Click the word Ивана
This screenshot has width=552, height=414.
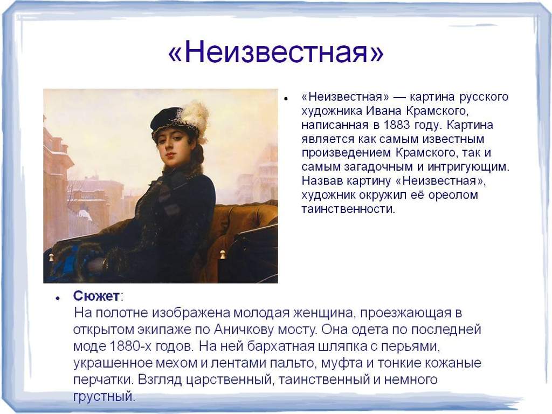coord(384,111)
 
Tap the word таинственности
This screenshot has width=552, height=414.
coord(348,209)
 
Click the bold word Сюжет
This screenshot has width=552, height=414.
coord(96,296)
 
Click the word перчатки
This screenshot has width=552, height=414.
coord(103,380)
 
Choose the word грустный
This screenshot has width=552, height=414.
coord(104,396)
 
